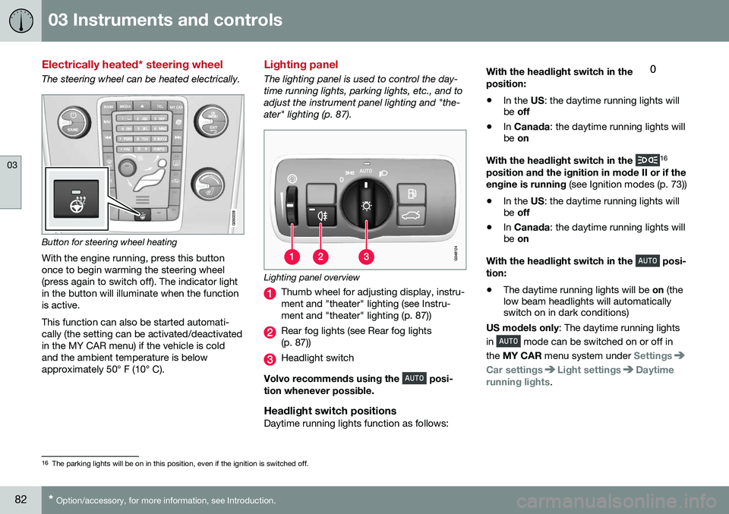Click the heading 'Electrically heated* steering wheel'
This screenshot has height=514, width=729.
(132, 65)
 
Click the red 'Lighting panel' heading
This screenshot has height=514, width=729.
(301, 65)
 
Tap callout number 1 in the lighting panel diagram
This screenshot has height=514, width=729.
(292, 257)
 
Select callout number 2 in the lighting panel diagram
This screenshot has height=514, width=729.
(320, 257)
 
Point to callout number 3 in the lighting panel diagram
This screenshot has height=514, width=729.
(366, 257)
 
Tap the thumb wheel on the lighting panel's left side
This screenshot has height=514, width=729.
(291, 204)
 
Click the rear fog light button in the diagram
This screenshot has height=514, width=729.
(321, 216)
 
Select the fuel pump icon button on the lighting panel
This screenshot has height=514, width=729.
(412, 194)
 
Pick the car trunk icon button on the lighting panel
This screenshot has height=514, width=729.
(412, 216)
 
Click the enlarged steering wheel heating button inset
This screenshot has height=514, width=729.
(76, 199)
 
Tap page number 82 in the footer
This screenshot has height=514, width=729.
(21, 500)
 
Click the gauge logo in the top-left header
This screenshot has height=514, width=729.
(21, 20)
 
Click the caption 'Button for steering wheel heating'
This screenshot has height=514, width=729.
(109, 242)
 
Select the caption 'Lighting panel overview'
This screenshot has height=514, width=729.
(311, 277)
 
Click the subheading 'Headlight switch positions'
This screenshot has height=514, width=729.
(330, 411)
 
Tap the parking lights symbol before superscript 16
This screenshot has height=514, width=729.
(647, 160)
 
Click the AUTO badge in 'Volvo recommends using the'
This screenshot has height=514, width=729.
(414, 378)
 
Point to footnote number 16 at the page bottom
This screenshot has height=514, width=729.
(45, 463)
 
